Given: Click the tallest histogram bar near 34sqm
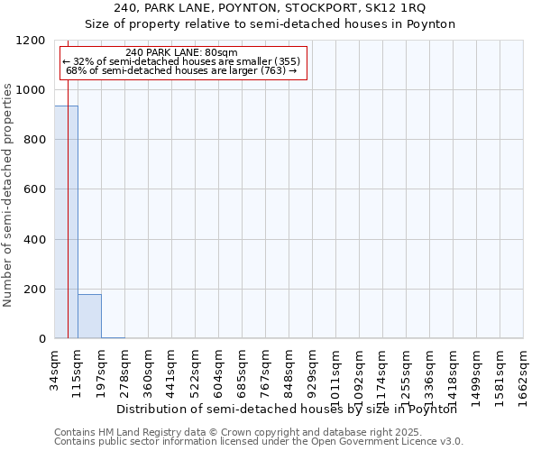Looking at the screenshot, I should [x=66, y=222].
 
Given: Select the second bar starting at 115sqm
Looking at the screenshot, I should [x=89, y=316].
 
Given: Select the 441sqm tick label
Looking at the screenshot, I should [x=172, y=369].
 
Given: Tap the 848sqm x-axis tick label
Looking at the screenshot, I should [x=289, y=369].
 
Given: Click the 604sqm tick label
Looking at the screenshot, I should [x=219, y=369].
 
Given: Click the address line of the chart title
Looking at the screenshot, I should [x=270, y=8].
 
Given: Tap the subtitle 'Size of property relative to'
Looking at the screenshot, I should [x=270, y=24].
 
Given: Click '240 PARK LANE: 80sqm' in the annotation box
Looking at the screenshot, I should [x=182, y=53].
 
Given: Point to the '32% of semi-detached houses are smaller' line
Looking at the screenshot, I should [x=182, y=61].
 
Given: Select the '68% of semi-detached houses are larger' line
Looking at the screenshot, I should [x=182, y=70].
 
